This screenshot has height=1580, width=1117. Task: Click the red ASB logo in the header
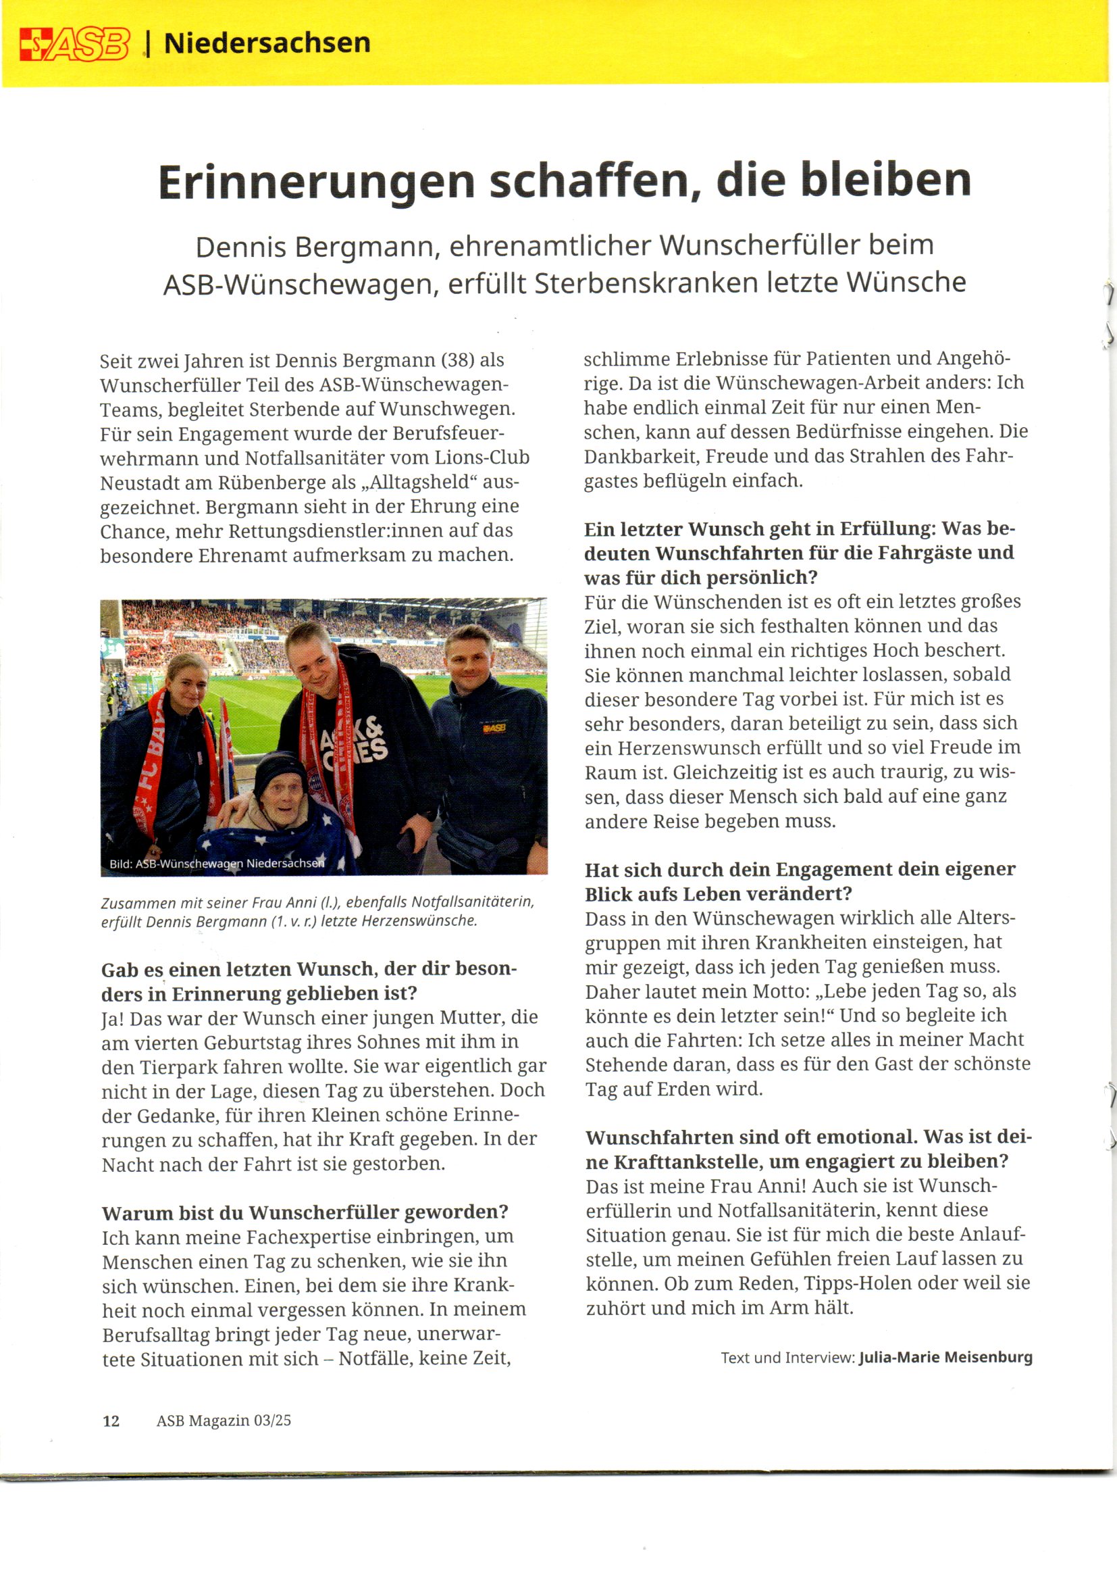(74, 45)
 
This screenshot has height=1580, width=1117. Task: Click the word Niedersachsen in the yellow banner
(267, 43)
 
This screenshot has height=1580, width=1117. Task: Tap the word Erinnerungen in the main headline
(316, 182)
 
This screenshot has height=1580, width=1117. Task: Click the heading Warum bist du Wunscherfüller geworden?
(305, 1212)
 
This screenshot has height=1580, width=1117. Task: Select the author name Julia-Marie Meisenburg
(945, 1358)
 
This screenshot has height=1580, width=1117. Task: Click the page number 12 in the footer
(111, 1421)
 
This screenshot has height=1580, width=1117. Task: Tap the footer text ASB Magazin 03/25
(224, 1421)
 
